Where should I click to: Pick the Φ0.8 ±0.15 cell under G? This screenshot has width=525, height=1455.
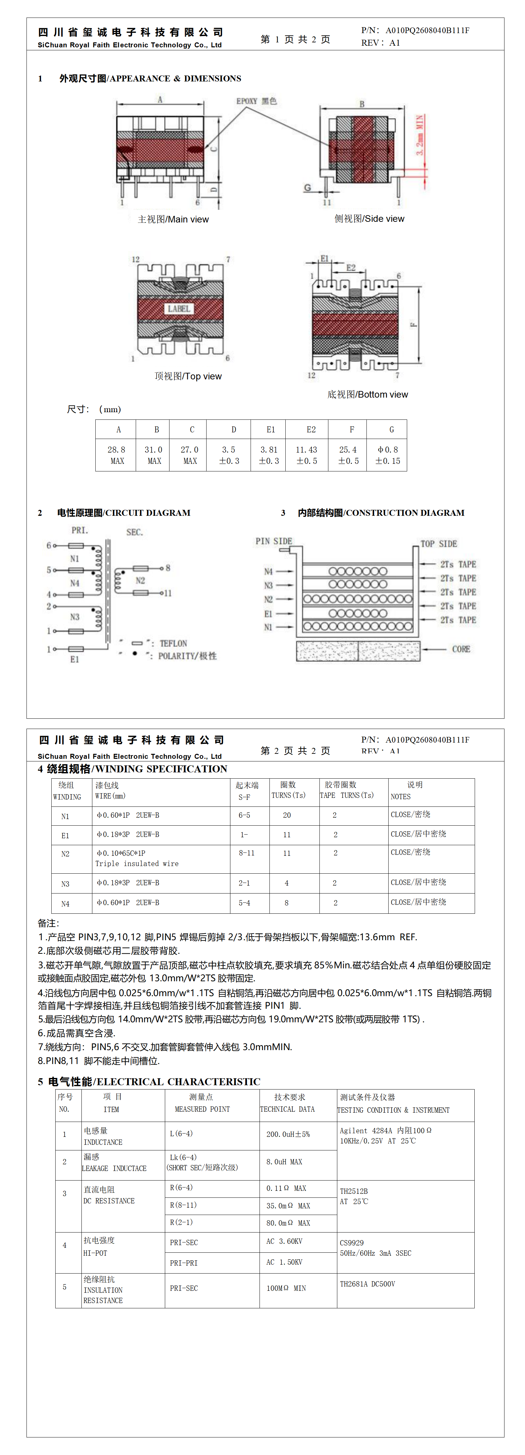(388, 455)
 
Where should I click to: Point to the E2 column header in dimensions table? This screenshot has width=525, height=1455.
(311, 429)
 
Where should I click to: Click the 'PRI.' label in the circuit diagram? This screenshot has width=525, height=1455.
(79, 530)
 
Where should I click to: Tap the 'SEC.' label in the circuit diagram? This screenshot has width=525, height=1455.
(134, 532)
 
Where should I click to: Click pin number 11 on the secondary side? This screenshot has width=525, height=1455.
(167, 593)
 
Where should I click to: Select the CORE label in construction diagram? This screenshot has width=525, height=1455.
(461, 649)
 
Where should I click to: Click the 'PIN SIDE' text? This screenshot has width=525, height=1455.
(274, 541)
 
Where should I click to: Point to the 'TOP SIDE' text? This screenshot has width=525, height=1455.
(439, 543)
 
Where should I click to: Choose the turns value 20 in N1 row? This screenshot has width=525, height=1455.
(287, 815)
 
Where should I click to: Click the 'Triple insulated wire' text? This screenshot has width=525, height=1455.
(137, 864)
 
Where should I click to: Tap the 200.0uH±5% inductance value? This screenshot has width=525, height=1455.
(288, 1134)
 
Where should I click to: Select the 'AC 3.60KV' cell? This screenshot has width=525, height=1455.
(285, 1241)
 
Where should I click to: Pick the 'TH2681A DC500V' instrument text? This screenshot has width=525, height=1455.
(367, 1284)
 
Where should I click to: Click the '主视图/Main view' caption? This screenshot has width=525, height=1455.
(173, 219)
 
